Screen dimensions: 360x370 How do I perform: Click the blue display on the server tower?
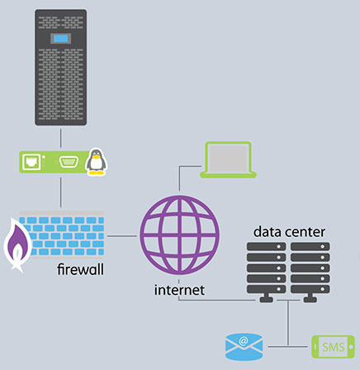tap(60, 39)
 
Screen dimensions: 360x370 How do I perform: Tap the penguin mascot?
tap(96, 162)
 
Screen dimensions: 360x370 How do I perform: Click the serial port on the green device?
tap(69, 162)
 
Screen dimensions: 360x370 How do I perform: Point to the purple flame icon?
tap(17, 244)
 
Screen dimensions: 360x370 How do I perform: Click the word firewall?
tap(80, 269)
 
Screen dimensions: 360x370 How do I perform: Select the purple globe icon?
tap(179, 235)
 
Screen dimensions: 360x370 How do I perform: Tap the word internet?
tap(179, 290)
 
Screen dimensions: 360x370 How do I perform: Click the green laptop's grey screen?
tap(229, 158)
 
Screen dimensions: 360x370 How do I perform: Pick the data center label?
tap(289, 232)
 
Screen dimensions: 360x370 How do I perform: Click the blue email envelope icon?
tap(244, 347)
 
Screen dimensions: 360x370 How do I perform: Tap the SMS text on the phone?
tap(333, 347)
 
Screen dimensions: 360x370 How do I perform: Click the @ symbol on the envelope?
tap(244, 341)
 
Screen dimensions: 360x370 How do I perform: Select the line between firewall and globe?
tap(122, 236)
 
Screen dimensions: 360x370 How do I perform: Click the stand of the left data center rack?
tap(266, 298)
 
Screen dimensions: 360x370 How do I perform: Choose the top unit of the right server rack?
tap(310, 246)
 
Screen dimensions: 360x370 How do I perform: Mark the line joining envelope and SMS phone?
tap(288, 346)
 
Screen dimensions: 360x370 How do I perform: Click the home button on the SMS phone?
tap(351, 347)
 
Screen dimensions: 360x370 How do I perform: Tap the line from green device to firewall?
tap(60, 192)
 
